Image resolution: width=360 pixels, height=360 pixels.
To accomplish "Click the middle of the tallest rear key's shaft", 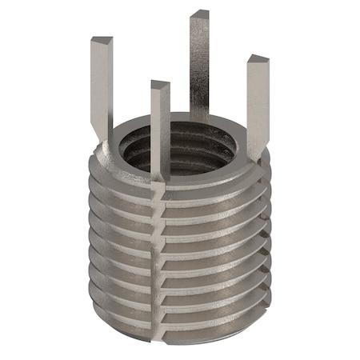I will pyautogui.click(x=199, y=64).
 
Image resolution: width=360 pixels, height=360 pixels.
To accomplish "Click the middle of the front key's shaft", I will pyautogui.click(x=160, y=128).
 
